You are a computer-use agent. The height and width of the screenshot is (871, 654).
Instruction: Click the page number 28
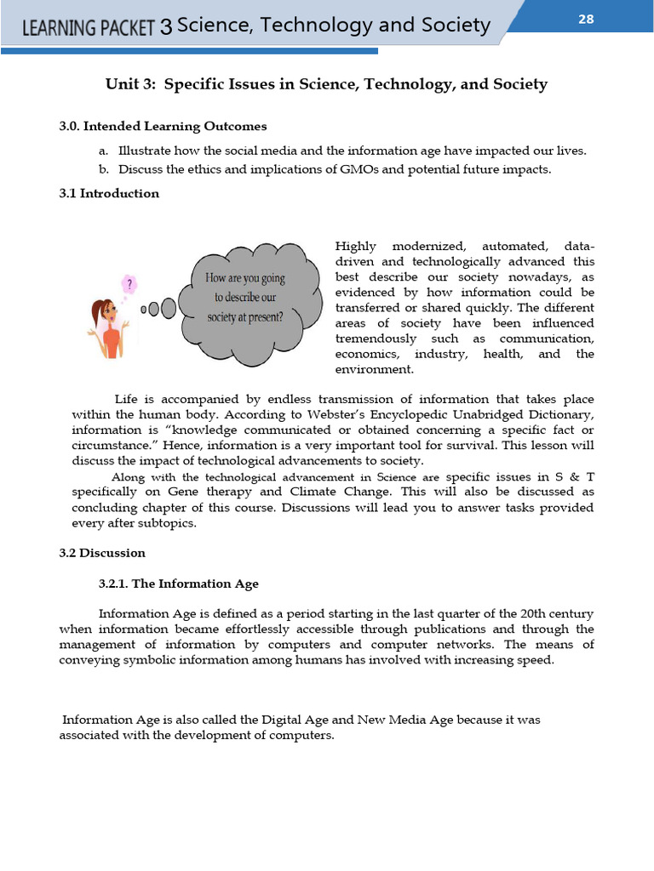[x=586, y=19]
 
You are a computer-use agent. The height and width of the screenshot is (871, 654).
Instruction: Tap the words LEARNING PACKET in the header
[x=89, y=27]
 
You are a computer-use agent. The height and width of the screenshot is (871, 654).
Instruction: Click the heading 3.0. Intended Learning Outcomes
[x=163, y=126]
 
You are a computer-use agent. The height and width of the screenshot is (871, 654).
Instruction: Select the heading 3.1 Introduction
[x=109, y=193]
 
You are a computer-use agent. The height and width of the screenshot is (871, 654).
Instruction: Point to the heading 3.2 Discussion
[x=102, y=553]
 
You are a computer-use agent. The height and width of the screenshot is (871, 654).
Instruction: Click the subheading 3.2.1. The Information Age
[x=179, y=584]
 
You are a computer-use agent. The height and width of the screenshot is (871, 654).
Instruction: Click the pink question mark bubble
[x=129, y=282]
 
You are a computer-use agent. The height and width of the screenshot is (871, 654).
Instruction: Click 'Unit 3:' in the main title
[x=131, y=84]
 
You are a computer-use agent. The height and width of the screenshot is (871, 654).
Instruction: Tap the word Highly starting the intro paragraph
[x=356, y=246]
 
